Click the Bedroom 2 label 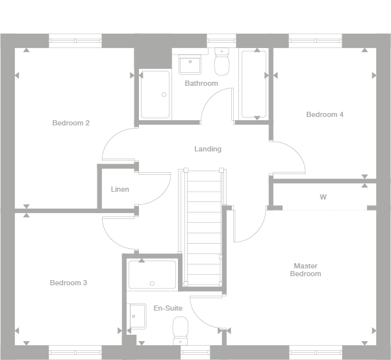71,123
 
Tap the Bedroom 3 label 68,283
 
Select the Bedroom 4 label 325,114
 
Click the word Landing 208,149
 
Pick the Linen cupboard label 120,189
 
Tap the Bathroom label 201,83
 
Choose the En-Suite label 168,307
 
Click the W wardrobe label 323,196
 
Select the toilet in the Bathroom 222,64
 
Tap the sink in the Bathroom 191,64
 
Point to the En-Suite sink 138,317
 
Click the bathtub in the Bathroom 254,84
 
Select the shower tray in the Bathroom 155,95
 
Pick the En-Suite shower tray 152,274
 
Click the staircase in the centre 204,227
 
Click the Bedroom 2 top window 75,41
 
